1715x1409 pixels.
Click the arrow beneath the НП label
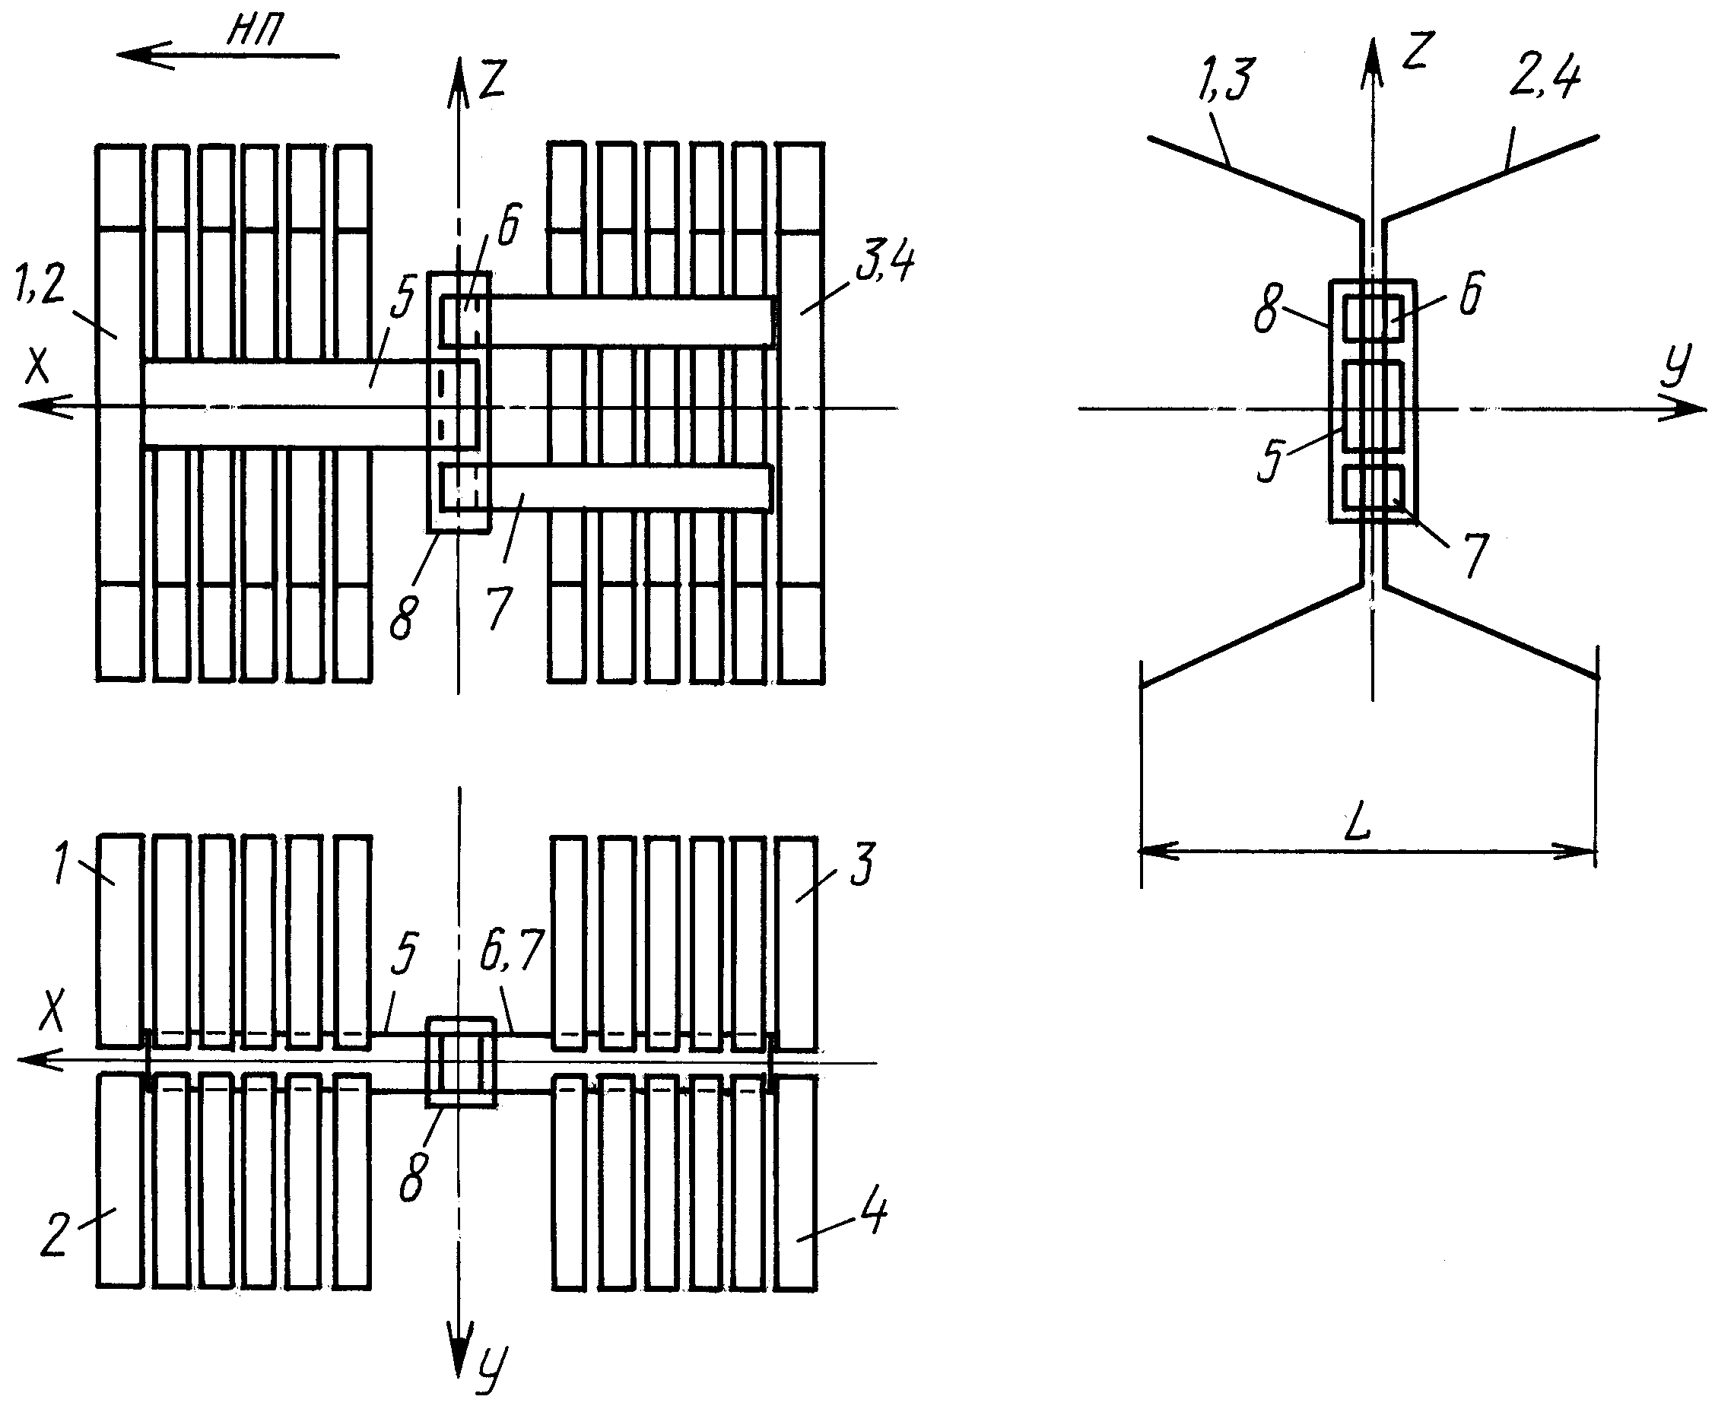tap(228, 56)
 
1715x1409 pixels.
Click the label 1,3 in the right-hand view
tap(1225, 80)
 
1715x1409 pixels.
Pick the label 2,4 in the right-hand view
tap(1544, 79)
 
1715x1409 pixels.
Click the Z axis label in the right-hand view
tap(1416, 52)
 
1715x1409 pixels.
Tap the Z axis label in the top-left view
tap(494, 80)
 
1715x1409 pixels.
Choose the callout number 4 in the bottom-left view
tap(874, 1214)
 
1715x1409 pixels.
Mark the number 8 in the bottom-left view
tap(411, 1178)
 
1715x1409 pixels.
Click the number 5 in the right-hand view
tap(1271, 460)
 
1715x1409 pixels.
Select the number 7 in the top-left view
tap(500, 608)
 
